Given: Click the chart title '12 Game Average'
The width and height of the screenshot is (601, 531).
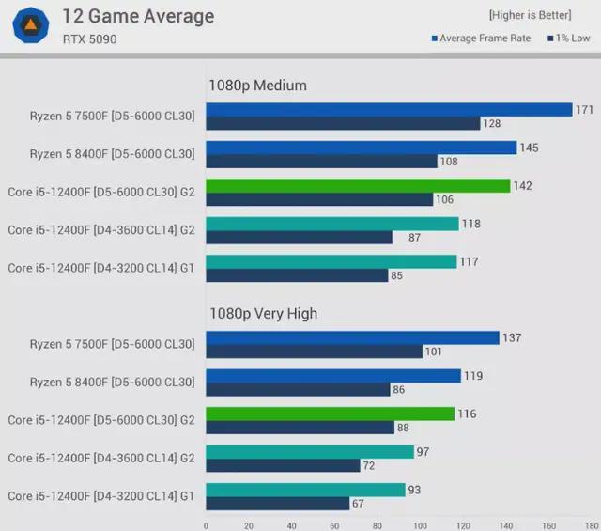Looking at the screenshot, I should click(137, 16).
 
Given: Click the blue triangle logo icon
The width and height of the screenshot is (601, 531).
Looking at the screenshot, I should click(31, 25).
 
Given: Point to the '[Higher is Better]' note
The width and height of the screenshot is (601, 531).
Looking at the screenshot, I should click(530, 16).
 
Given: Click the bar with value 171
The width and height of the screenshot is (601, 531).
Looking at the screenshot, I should click(389, 110).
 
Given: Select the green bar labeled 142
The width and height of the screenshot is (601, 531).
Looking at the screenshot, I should click(358, 186).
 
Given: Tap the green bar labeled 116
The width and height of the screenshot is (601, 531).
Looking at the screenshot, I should click(331, 414).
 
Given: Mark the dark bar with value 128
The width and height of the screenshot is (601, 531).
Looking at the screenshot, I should click(343, 123).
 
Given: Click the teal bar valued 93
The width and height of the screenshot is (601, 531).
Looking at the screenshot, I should click(305, 490).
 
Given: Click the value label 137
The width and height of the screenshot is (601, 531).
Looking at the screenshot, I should click(512, 338).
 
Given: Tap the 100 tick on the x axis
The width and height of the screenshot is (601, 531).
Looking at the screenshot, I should click(420, 524).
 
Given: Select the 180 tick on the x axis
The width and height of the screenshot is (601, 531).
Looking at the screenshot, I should click(591, 524).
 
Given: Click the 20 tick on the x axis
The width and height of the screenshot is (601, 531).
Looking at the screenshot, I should click(249, 524).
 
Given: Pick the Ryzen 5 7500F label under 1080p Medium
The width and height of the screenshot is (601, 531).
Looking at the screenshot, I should click(111, 117).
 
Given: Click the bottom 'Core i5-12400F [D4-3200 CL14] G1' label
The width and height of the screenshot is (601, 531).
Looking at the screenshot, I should click(100, 496).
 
